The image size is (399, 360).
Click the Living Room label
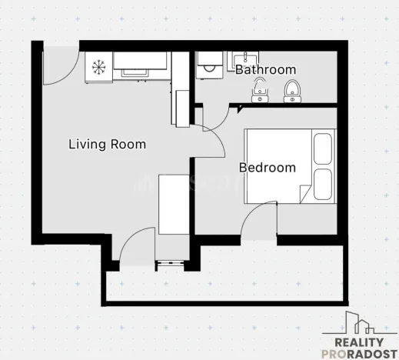point(107,144)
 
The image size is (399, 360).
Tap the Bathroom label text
point(265,70)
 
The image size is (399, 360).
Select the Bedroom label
point(267,167)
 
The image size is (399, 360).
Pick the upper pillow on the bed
point(324,149)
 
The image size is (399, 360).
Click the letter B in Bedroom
point(243,167)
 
